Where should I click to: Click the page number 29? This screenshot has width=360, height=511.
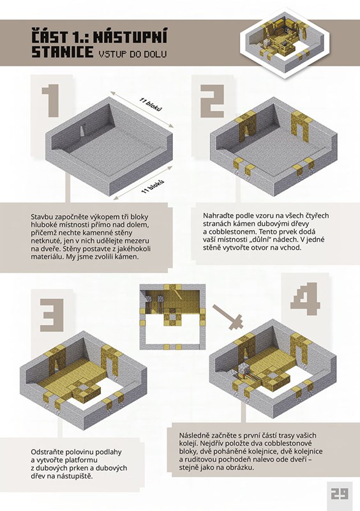(339, 493)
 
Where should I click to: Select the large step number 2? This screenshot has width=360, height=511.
(212, 101)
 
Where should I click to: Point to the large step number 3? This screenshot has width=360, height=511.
(52, 315)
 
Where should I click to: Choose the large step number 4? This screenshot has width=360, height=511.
(305, 299)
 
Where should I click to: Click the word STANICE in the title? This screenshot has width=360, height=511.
(62, 52)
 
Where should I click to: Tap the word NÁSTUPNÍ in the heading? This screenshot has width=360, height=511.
(130, 36)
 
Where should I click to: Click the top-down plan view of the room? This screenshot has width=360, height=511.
(173, 317)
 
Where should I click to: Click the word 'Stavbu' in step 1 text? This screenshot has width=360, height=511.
(41, 217)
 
